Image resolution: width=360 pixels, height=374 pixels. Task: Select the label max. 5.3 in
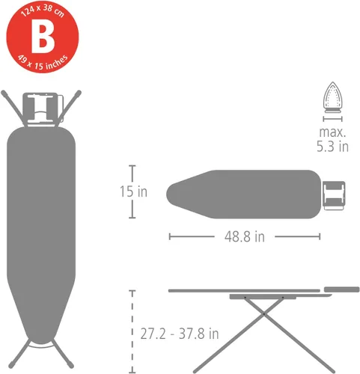pyautogui.click(x=332, y=138)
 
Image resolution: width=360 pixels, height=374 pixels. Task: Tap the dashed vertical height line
pyautogui.click(x=132, y=329)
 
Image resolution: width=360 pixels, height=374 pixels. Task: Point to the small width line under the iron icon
pyautogui.click(x=330, y=117)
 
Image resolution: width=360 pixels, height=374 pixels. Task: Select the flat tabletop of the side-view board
pyautogui.click(x=240, y=290)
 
